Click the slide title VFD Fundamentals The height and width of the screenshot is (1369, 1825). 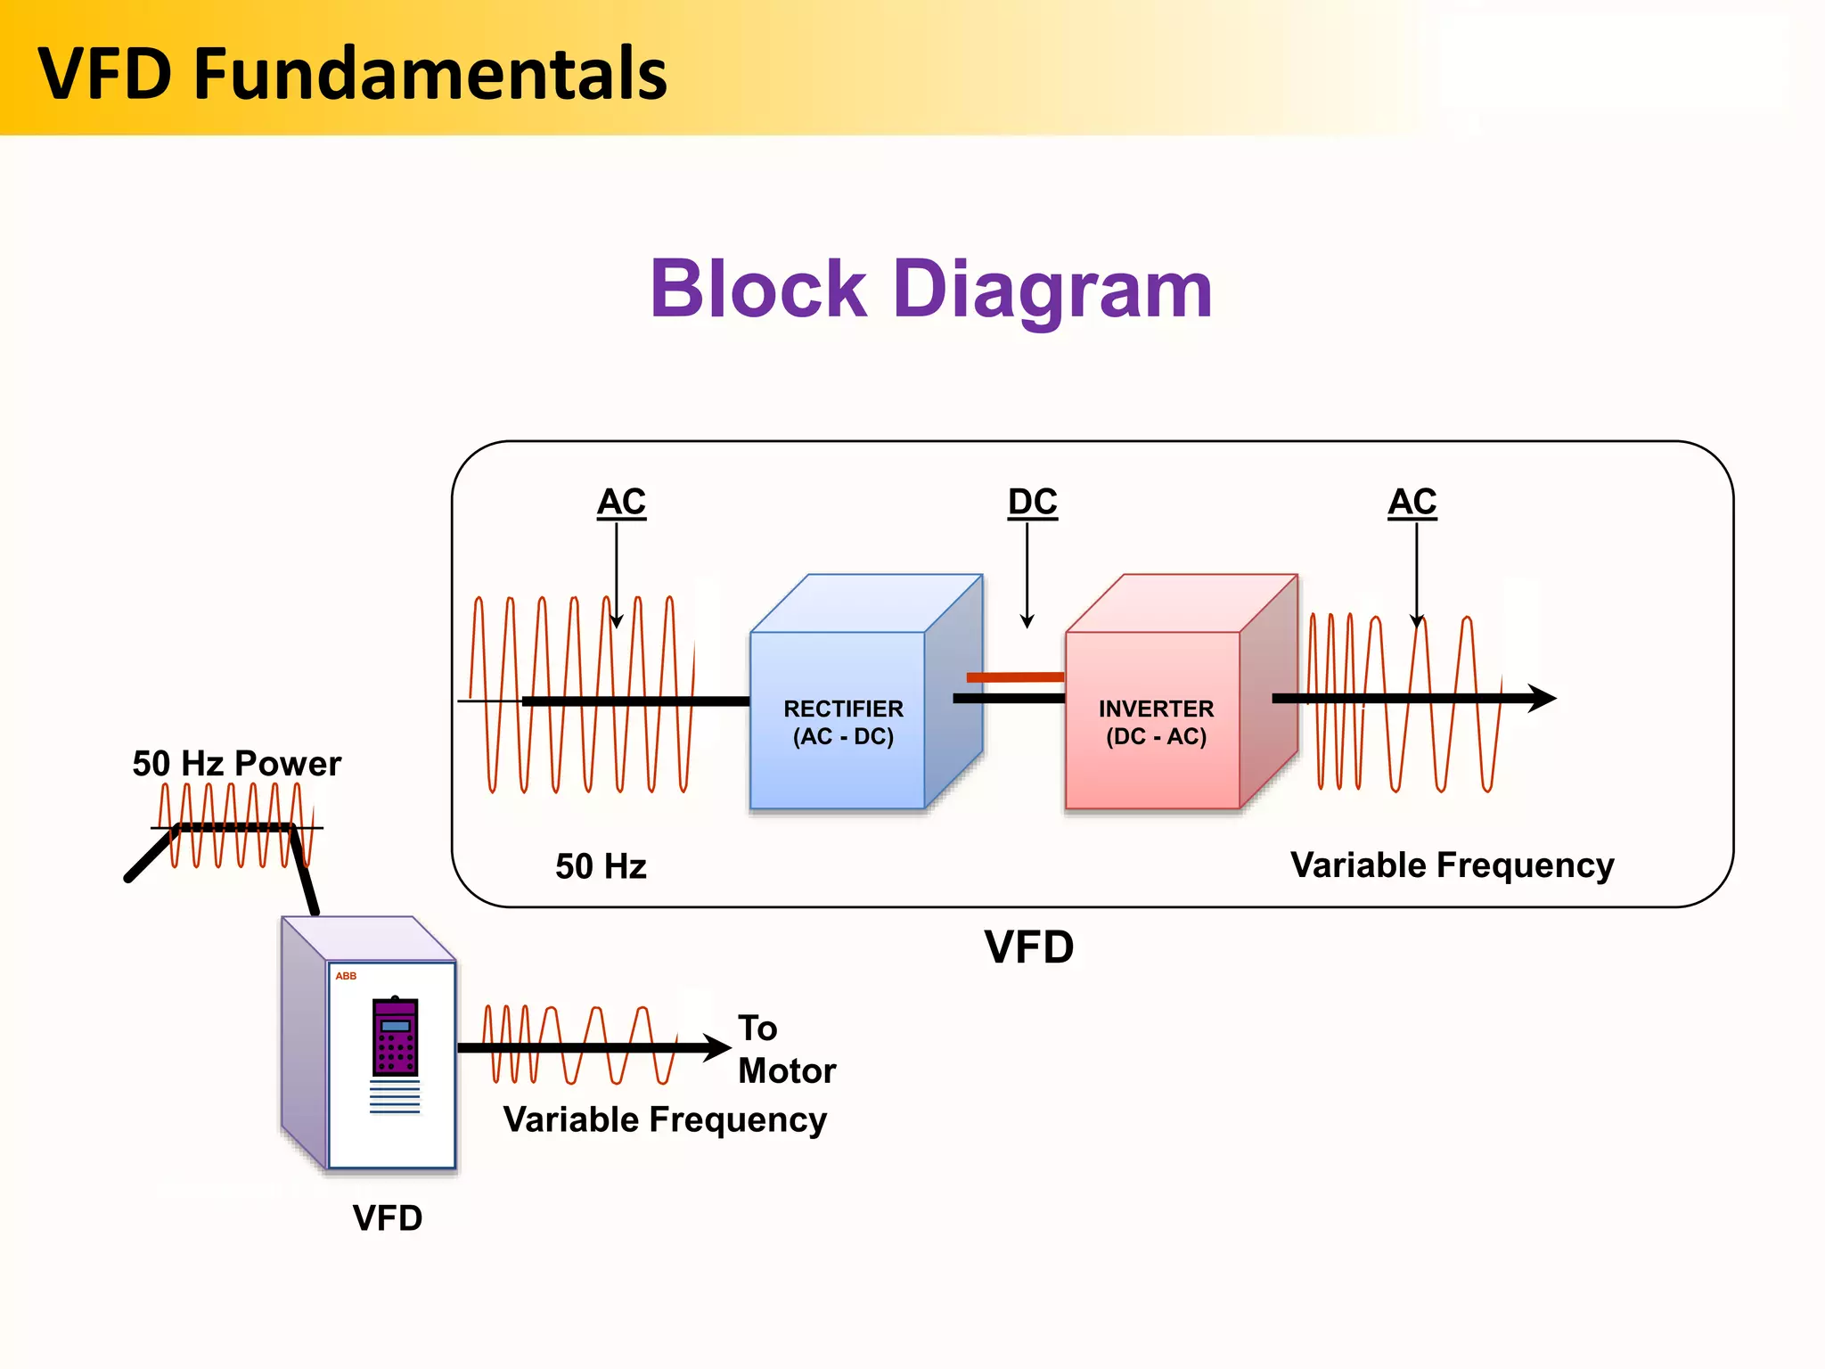(352, 73)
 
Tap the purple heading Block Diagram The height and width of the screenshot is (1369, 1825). (931, 289)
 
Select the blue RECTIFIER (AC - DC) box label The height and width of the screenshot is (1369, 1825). (843, 722)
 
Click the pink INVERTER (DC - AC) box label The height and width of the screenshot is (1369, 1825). (1156, 722)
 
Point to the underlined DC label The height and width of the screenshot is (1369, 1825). (1032, 502)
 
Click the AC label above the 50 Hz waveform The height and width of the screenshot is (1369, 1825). (621, 502)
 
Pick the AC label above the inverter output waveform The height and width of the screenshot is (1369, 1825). (1412, 502)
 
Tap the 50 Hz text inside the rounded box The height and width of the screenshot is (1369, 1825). (601, 866)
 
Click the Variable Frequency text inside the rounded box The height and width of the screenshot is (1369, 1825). (1452, 865)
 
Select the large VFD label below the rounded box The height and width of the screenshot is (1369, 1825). (1029, 947)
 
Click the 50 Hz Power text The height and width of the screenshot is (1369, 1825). (236, 764)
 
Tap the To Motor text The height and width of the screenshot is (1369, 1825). (786, 1049)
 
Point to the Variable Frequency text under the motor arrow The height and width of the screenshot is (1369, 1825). (665, 1119)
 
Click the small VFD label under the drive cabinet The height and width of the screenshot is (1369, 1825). (387, 1218)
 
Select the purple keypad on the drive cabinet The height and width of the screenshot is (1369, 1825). (395, 1037)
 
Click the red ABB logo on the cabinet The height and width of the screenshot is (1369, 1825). (346, 976)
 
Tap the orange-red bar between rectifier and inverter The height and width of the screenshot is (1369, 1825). (1015, 677)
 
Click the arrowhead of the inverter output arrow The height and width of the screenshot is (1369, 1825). (1543, 698)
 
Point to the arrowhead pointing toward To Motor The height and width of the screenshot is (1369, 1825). (718, 1047)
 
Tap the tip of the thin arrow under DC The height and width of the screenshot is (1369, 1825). (1027, 625)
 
